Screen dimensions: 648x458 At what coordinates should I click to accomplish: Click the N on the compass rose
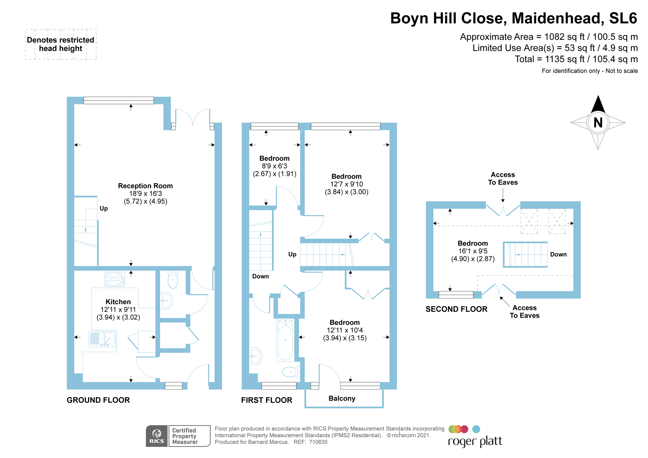[598, 123]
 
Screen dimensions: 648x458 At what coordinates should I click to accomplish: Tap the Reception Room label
[145, 186]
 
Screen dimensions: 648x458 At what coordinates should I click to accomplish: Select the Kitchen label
[118, 302]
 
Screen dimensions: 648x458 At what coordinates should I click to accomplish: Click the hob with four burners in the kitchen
[115, 279]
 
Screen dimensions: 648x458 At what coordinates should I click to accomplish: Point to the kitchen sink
[102, 339]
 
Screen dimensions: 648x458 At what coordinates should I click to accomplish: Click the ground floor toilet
[173, 279]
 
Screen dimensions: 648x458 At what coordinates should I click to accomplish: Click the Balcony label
[342, 398]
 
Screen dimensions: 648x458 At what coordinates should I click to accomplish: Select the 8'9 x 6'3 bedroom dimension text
[274, 166]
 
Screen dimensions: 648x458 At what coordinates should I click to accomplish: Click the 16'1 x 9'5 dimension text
[473, 251]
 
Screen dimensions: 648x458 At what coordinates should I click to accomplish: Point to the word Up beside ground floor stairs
[104, 209]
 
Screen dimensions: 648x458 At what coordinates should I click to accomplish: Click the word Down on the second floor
[559, 255]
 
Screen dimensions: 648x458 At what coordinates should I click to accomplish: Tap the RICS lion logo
[157, 436]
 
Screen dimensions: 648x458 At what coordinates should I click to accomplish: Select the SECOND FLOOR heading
[457, 309]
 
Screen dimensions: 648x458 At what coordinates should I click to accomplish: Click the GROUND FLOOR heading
[98, 400]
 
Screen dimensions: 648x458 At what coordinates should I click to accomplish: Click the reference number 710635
[318, 442]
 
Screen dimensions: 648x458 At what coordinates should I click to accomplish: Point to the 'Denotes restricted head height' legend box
[61, 44]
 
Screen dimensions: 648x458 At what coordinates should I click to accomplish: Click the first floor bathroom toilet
[291, 372]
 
